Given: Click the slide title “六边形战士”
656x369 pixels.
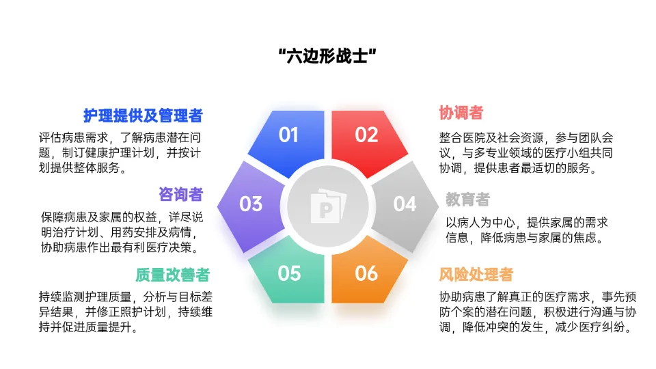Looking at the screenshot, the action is click(x=327, y=55).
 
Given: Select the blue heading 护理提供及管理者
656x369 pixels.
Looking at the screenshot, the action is click(x=143, y=115).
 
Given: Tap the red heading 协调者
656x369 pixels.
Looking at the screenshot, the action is click(x=461, y=113).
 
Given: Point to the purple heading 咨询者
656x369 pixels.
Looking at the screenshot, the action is click(x=180, y=194).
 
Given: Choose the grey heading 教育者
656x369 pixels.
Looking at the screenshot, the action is click(x=467, y=200).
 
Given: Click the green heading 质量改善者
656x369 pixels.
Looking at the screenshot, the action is click(x=172, y=275).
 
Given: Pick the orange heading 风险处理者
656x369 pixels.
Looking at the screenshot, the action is click(x=476, y=275).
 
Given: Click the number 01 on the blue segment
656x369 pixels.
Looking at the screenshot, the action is click(x=288, y=135).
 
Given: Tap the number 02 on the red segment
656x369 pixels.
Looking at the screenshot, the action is click(x=366, y=135).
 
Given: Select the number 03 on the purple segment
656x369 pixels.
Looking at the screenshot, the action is click(x=251, y=204).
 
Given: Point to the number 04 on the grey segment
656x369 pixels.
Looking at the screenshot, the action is click(x=405, y=204).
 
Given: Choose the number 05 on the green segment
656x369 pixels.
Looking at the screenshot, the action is click(x=289, y=273).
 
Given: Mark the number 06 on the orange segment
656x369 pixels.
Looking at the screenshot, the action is click(x=366, y=273).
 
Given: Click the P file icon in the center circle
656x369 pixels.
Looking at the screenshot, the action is click(x=329, y=206).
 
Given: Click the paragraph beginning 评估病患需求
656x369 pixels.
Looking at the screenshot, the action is click(x=120, y=152).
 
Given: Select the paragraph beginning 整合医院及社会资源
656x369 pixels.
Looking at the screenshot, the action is click(x=526, y=152).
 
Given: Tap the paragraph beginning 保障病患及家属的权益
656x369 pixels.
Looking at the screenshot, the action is click(x=122, y=232).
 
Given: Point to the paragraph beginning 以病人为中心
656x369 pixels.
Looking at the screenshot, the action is click(x=527, y=230).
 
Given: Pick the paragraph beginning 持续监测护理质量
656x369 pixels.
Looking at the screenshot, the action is click(x=126, y=312).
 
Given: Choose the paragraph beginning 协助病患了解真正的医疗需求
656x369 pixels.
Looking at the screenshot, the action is click(x=538, y=312).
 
